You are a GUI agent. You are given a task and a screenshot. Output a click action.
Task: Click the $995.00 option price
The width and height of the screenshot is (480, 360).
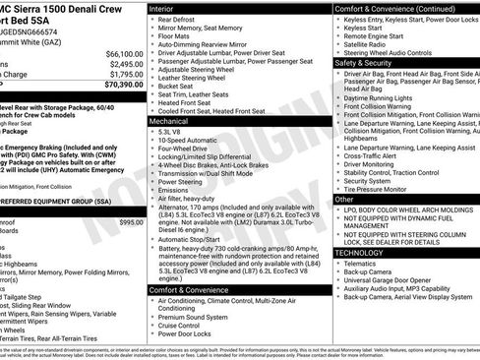(x=131, y=223)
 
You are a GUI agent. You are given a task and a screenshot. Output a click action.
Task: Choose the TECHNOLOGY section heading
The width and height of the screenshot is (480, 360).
(x=359, y=253)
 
